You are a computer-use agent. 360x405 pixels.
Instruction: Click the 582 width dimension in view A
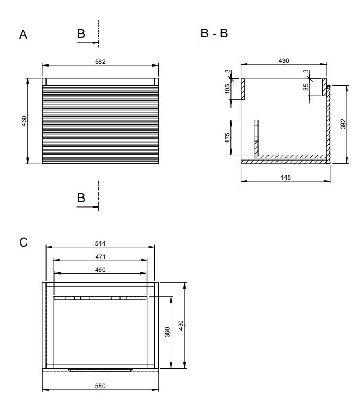(100, 62)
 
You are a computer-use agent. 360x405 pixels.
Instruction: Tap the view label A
(23, 34)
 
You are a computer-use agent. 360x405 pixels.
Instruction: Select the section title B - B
(214, 33)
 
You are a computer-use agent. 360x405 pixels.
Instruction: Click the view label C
(23, 242)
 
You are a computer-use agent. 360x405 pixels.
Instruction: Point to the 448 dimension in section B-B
(285, 177)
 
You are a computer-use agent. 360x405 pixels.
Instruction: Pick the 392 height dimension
(343, 124)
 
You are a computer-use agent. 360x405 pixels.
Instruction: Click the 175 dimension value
(227, 137)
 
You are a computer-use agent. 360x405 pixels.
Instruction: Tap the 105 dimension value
(227, 89)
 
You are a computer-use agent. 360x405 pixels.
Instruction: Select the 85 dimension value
(306, 87)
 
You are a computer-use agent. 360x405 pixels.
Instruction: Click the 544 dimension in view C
(100, 243)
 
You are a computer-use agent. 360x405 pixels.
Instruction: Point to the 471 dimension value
(100, 257)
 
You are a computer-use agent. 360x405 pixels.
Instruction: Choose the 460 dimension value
(100, 270)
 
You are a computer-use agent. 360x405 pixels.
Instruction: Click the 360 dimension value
(168, 332)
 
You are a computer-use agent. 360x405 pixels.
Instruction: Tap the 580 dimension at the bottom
(100, 386)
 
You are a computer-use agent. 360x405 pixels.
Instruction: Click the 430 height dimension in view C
(181, 325)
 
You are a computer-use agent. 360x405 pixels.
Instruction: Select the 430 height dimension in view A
(24, 121)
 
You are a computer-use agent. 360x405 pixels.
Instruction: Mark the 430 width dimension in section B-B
(283, 61)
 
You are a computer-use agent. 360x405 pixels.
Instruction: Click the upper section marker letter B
(81, 34)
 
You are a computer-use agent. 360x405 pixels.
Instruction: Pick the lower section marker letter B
(81, 198)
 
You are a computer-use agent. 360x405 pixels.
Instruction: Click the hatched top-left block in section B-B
(243, 89)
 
